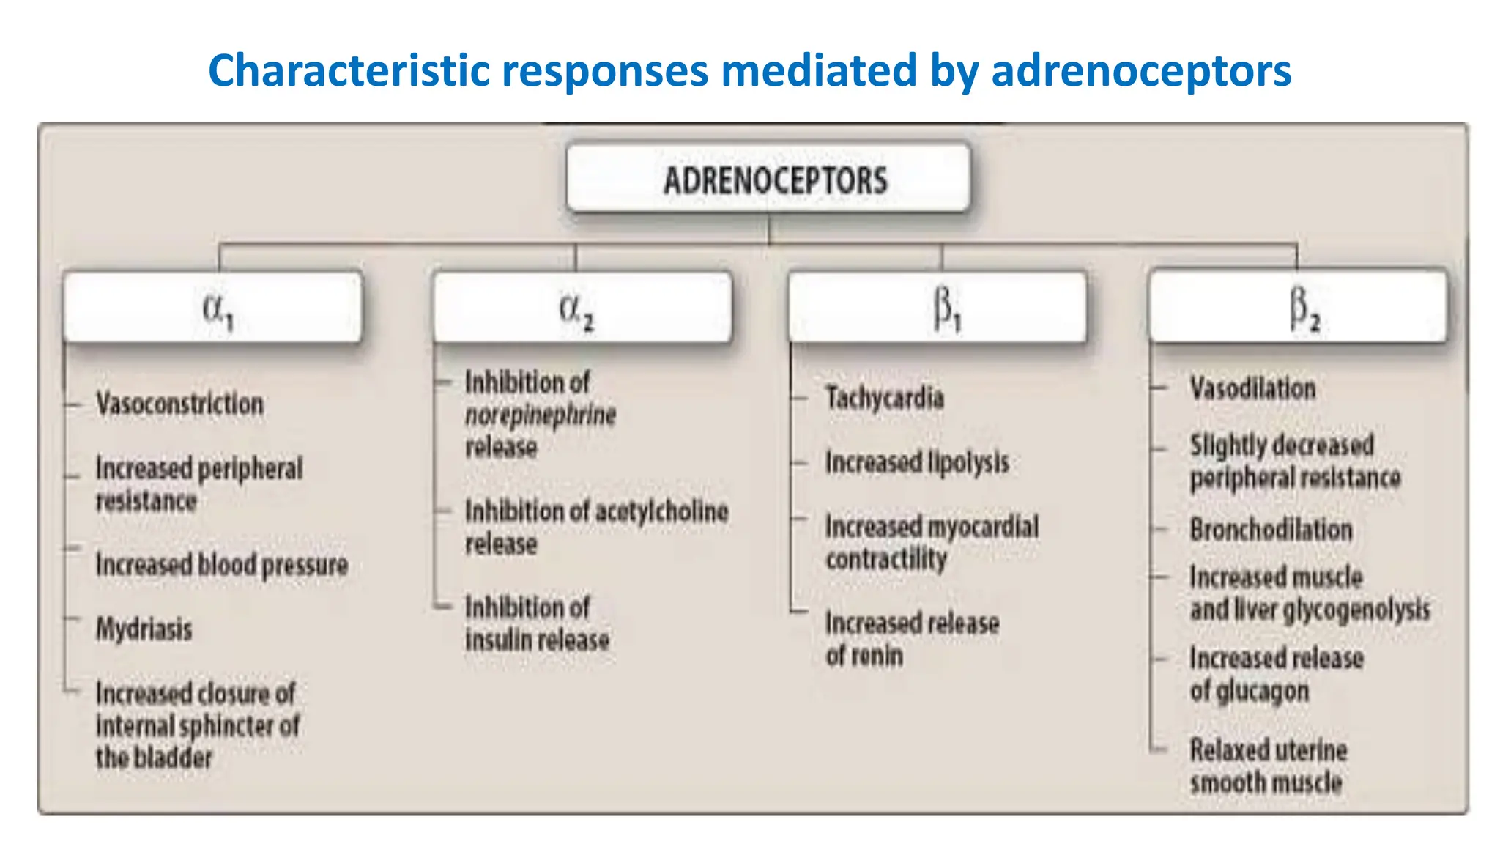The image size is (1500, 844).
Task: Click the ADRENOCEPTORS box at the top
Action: pos(768,179)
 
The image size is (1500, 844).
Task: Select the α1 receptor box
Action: pos(213,308)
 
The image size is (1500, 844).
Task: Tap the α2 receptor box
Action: pos(582,308)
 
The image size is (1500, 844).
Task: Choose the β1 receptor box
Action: pos(937,308)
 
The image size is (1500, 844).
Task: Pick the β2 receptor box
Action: pos(1298,306)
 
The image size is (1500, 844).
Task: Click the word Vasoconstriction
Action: pos(179,404)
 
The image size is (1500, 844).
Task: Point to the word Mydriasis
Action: pos(144,629)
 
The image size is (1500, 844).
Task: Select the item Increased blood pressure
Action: pos(222,565)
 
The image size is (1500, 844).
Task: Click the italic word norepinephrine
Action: pos(541,415)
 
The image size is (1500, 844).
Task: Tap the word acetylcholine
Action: pos(662,511)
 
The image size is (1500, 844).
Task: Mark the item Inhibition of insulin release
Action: pos(537,624)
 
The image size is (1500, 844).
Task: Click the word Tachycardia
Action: pos(885,398)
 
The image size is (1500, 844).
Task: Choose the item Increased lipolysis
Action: pos(917,462)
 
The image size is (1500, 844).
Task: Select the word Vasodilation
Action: pos(1252,388)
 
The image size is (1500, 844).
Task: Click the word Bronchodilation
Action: pos(1271,530)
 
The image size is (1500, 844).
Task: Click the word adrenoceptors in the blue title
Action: pos(1140,71)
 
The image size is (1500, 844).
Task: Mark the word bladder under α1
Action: pos(175,758)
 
